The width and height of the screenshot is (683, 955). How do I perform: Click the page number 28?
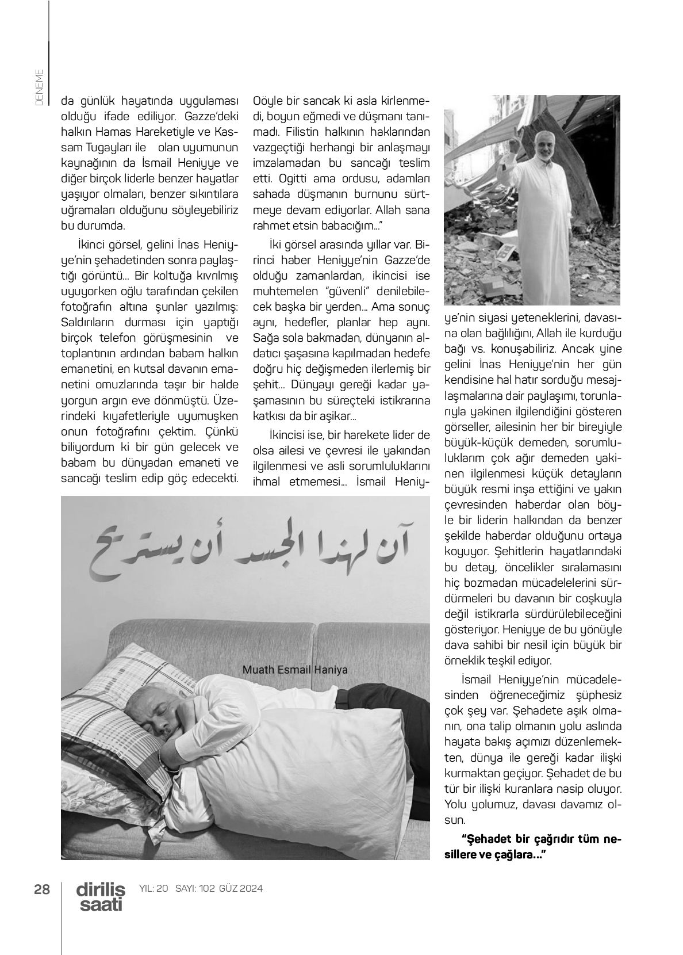(x=41, y=889)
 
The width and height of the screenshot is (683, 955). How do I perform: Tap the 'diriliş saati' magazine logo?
(x=101, y=897)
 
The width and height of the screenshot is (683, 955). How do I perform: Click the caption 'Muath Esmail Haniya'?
(x=295, y=670)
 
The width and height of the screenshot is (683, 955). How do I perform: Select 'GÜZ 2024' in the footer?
(x=240, y=888)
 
